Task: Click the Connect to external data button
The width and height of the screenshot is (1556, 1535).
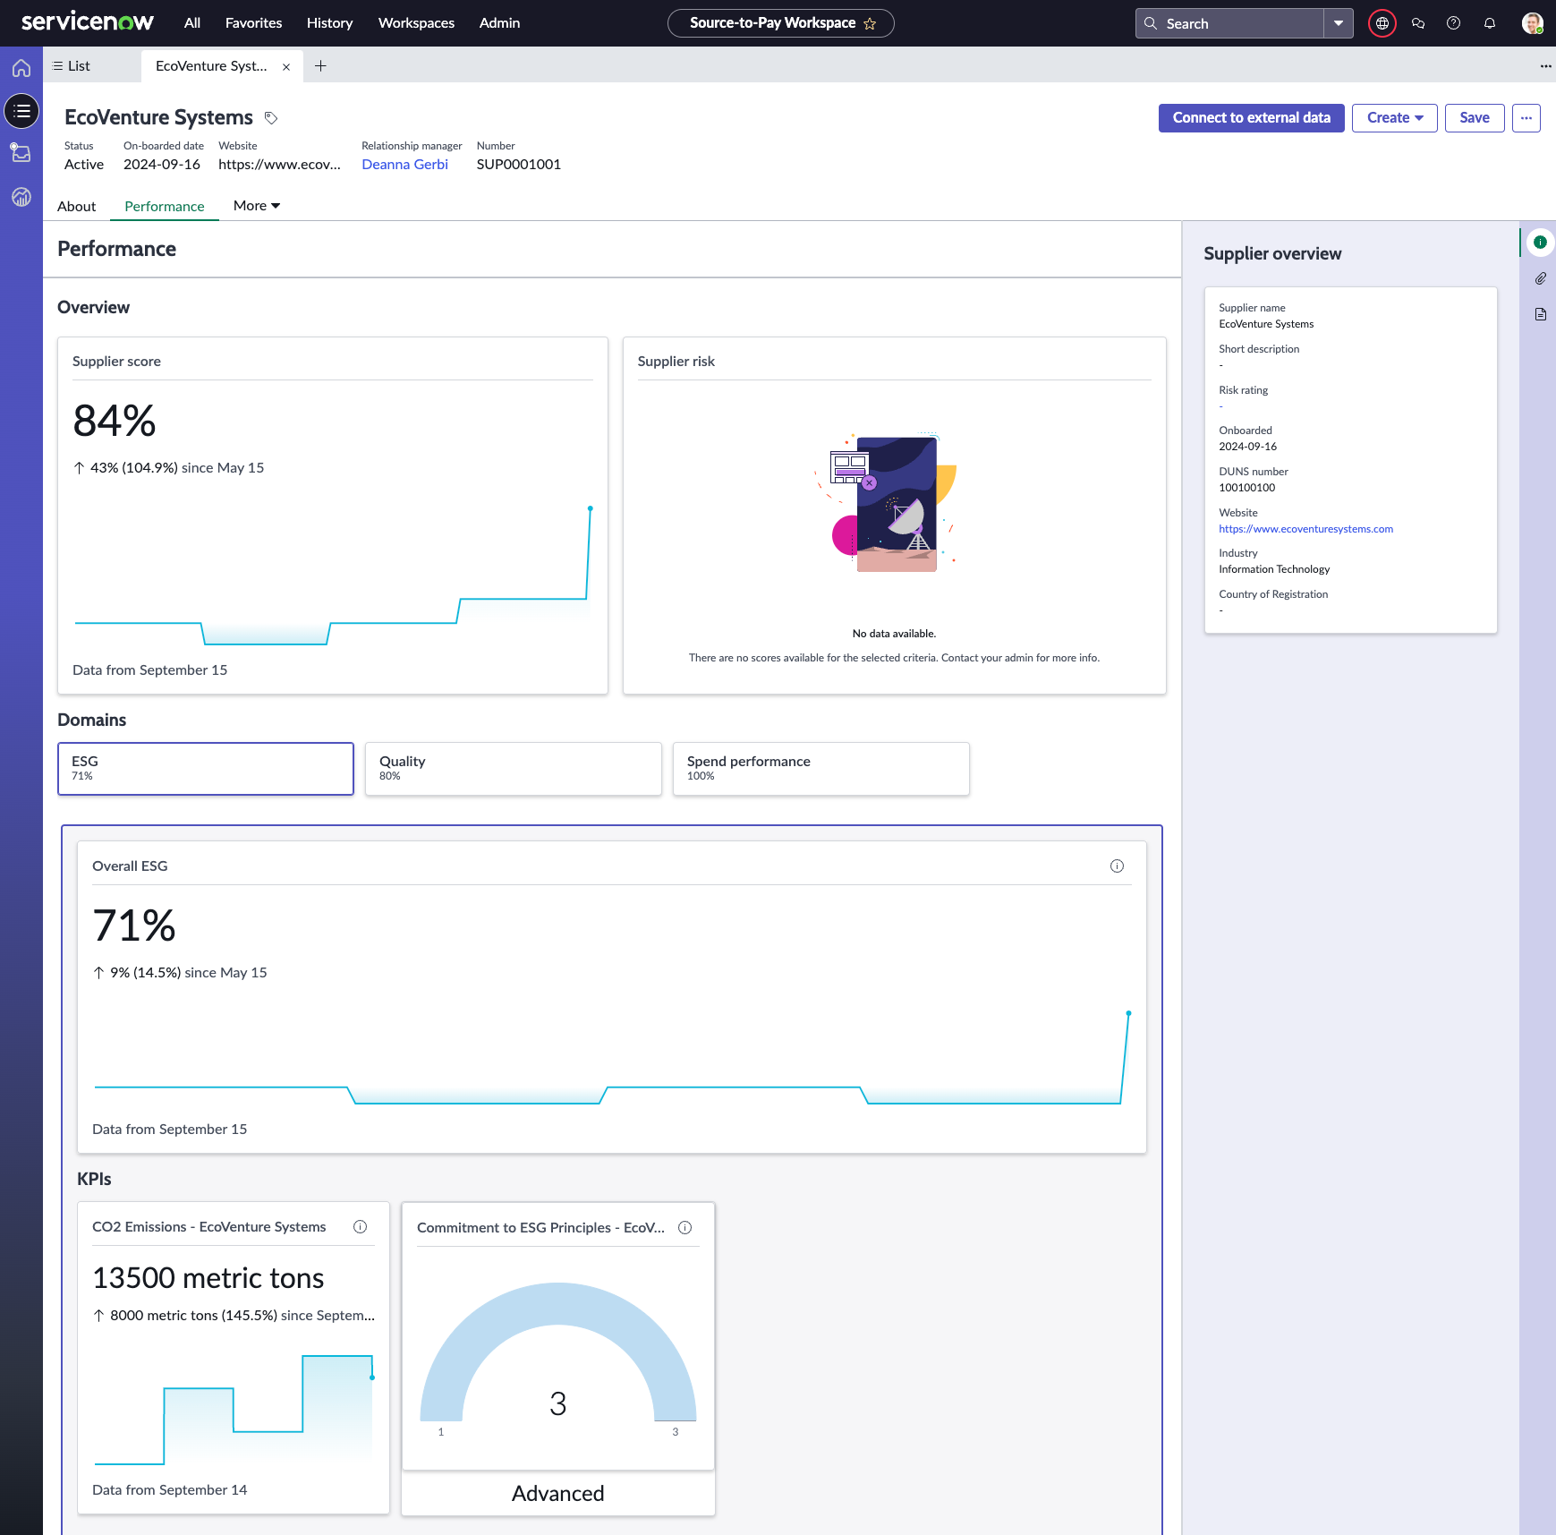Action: [x=1251, y=118]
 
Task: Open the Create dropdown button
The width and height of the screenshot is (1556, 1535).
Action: [x=1394, y=118]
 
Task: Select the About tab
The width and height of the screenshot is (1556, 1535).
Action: [x=77, y=206]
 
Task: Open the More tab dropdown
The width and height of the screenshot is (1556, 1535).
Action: [x=257, y=206]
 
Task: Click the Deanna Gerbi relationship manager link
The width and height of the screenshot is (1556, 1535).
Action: [x=404, y=165]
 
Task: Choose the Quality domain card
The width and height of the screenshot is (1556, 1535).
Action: [x=513, y=769]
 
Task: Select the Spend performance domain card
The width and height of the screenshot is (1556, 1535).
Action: [x=821, y=769]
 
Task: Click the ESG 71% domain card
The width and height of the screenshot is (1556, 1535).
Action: [x=206, y=769]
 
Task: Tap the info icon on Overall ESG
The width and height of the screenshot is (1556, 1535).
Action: [x=1117, y=866]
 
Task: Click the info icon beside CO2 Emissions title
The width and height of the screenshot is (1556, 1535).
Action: [x=360, y=1227]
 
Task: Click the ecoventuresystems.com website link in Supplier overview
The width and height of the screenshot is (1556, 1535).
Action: [x=1305, y=529]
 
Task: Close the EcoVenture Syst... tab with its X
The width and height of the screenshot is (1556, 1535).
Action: [x=286, y=67]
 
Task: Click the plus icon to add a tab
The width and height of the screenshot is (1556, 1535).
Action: [x=320, y=66]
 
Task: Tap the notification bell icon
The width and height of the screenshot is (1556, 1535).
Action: [x=1490, y=23]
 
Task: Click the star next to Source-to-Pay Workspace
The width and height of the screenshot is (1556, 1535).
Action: [x=870, y=24]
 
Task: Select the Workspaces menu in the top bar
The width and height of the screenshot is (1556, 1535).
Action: [x=416, y=23]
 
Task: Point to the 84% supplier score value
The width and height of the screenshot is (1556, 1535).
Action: [x=115, y=421]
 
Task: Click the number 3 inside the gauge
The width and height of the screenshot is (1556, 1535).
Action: [x=558, y=1403]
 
